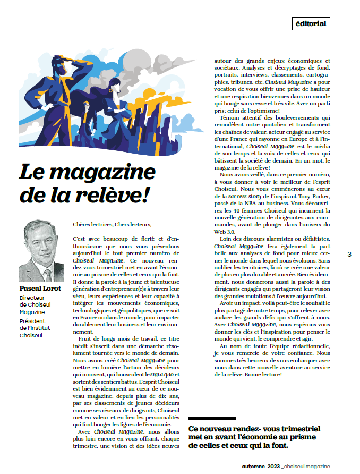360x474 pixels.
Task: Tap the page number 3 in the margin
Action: (x=349, y=255)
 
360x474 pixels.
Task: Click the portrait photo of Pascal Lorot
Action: (x=41, y=251)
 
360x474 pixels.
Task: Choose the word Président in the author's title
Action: (x=33, y=321)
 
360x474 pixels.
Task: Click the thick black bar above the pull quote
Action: (x=212, y=419)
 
